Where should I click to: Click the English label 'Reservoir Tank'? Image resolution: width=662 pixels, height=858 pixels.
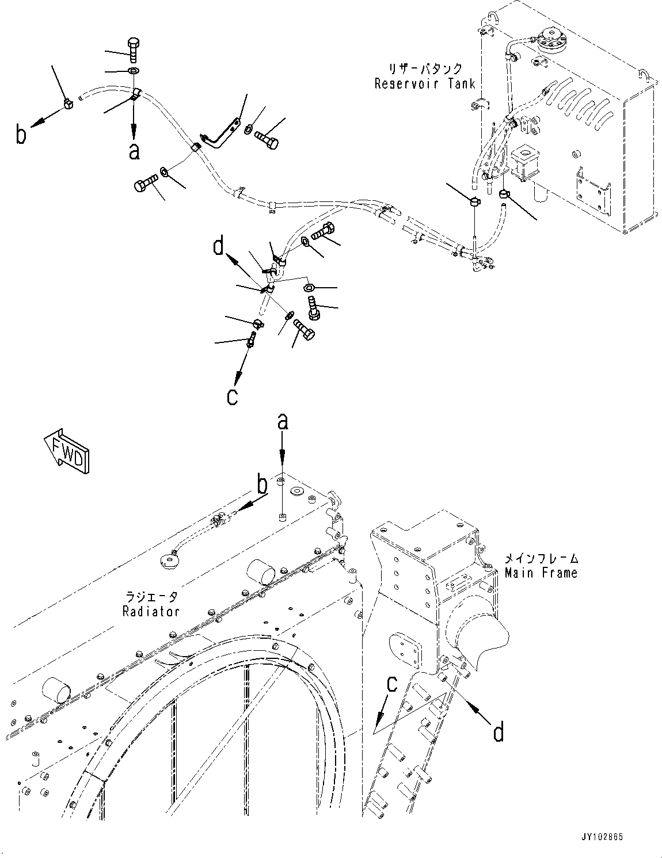424,84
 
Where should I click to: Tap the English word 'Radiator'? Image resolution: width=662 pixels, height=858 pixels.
151,611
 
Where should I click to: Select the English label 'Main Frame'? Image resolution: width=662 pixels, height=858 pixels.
541,573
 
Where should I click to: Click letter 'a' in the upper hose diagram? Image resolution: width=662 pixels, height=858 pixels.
134,151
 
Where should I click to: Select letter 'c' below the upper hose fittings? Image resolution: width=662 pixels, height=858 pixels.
232,396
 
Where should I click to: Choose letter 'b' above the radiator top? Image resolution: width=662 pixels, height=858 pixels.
262,486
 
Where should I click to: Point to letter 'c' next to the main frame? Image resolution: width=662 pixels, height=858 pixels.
391,684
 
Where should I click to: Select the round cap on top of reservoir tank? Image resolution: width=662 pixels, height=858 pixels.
551,41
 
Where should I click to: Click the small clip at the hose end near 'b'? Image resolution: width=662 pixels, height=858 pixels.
68,104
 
